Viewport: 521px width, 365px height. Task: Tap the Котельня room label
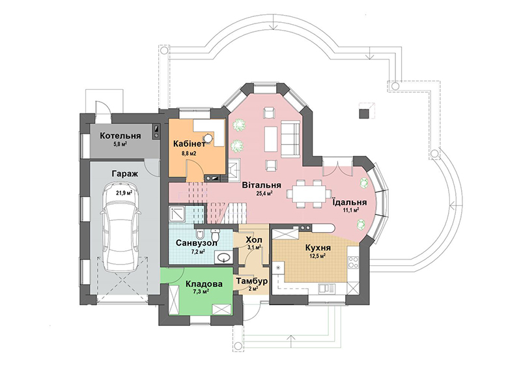[120, 136]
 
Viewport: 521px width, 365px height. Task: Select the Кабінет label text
[190, 144]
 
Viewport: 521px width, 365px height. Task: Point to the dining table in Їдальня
[309, 193]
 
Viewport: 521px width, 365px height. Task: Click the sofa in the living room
[290, 139]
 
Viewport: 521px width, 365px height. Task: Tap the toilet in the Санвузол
[216, 235]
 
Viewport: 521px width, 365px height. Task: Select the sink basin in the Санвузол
[223, 257]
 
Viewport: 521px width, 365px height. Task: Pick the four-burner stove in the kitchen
[352, 261]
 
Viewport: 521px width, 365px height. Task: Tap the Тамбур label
[252, 281]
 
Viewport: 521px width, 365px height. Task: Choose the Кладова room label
[204, 285]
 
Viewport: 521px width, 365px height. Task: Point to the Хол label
[254, 240]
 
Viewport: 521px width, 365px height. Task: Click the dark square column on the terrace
[364, 113]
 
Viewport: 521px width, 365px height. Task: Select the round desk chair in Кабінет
[208, 138]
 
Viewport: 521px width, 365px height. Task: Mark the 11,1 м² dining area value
[350, 210]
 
